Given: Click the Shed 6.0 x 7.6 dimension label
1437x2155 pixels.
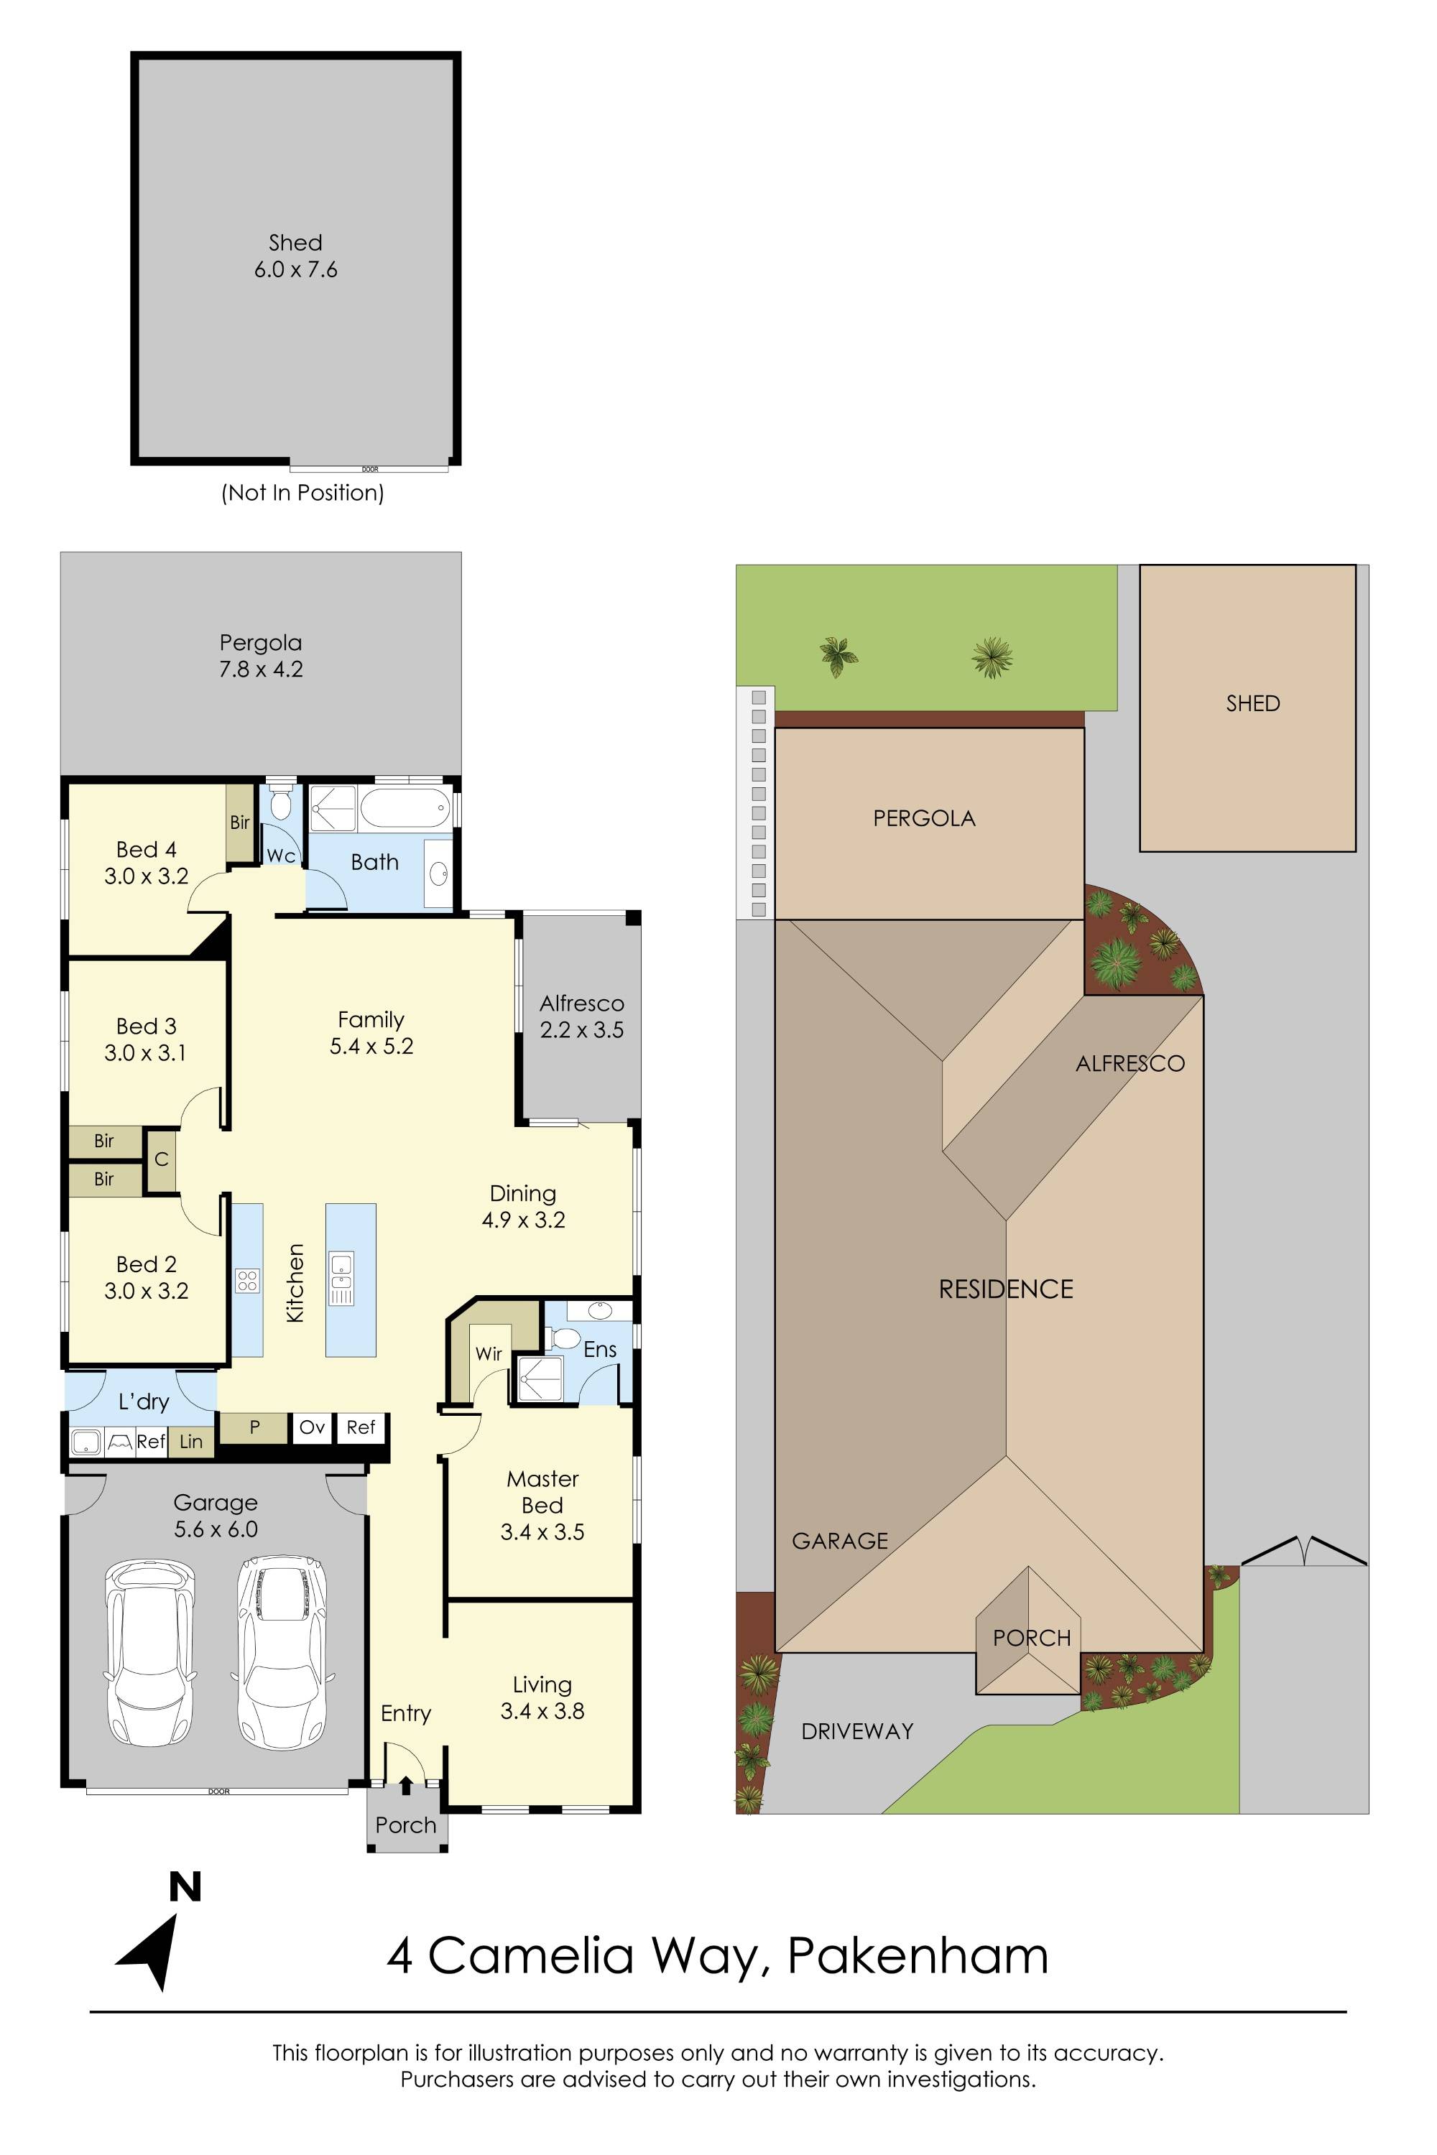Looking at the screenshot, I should point(295,269).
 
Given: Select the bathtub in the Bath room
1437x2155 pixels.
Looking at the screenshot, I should point(404,808).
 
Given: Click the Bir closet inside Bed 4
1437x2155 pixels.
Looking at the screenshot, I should point(240,822).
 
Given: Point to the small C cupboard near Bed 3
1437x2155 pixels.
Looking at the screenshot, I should point(161,1159).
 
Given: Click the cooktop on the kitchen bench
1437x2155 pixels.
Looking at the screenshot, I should point(247,1280).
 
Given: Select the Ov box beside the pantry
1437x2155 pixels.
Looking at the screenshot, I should point(313,1427).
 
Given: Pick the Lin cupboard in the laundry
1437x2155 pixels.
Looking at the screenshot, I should point(190,1441).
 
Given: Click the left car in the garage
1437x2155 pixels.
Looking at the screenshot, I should point(149,1652).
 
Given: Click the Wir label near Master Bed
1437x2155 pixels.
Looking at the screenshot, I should point(489,1353).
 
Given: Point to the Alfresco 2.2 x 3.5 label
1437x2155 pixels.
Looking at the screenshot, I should point(581,1017).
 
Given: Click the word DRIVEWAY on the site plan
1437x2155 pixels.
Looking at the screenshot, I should point(857,1730).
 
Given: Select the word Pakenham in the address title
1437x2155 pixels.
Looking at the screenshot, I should point(918,1955).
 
